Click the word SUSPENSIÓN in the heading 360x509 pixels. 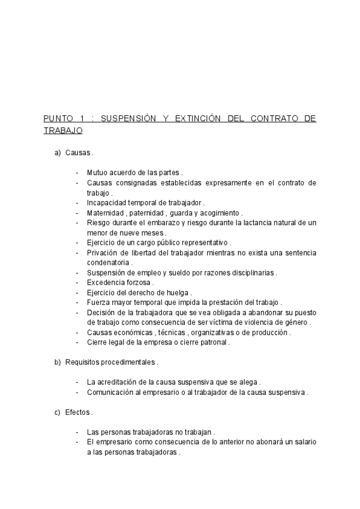(126, 118)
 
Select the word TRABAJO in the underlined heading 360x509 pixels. (63, 129)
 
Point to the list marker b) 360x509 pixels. (58, 362)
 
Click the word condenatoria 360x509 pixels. (108, 262)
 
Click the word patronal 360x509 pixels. (209, 342)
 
